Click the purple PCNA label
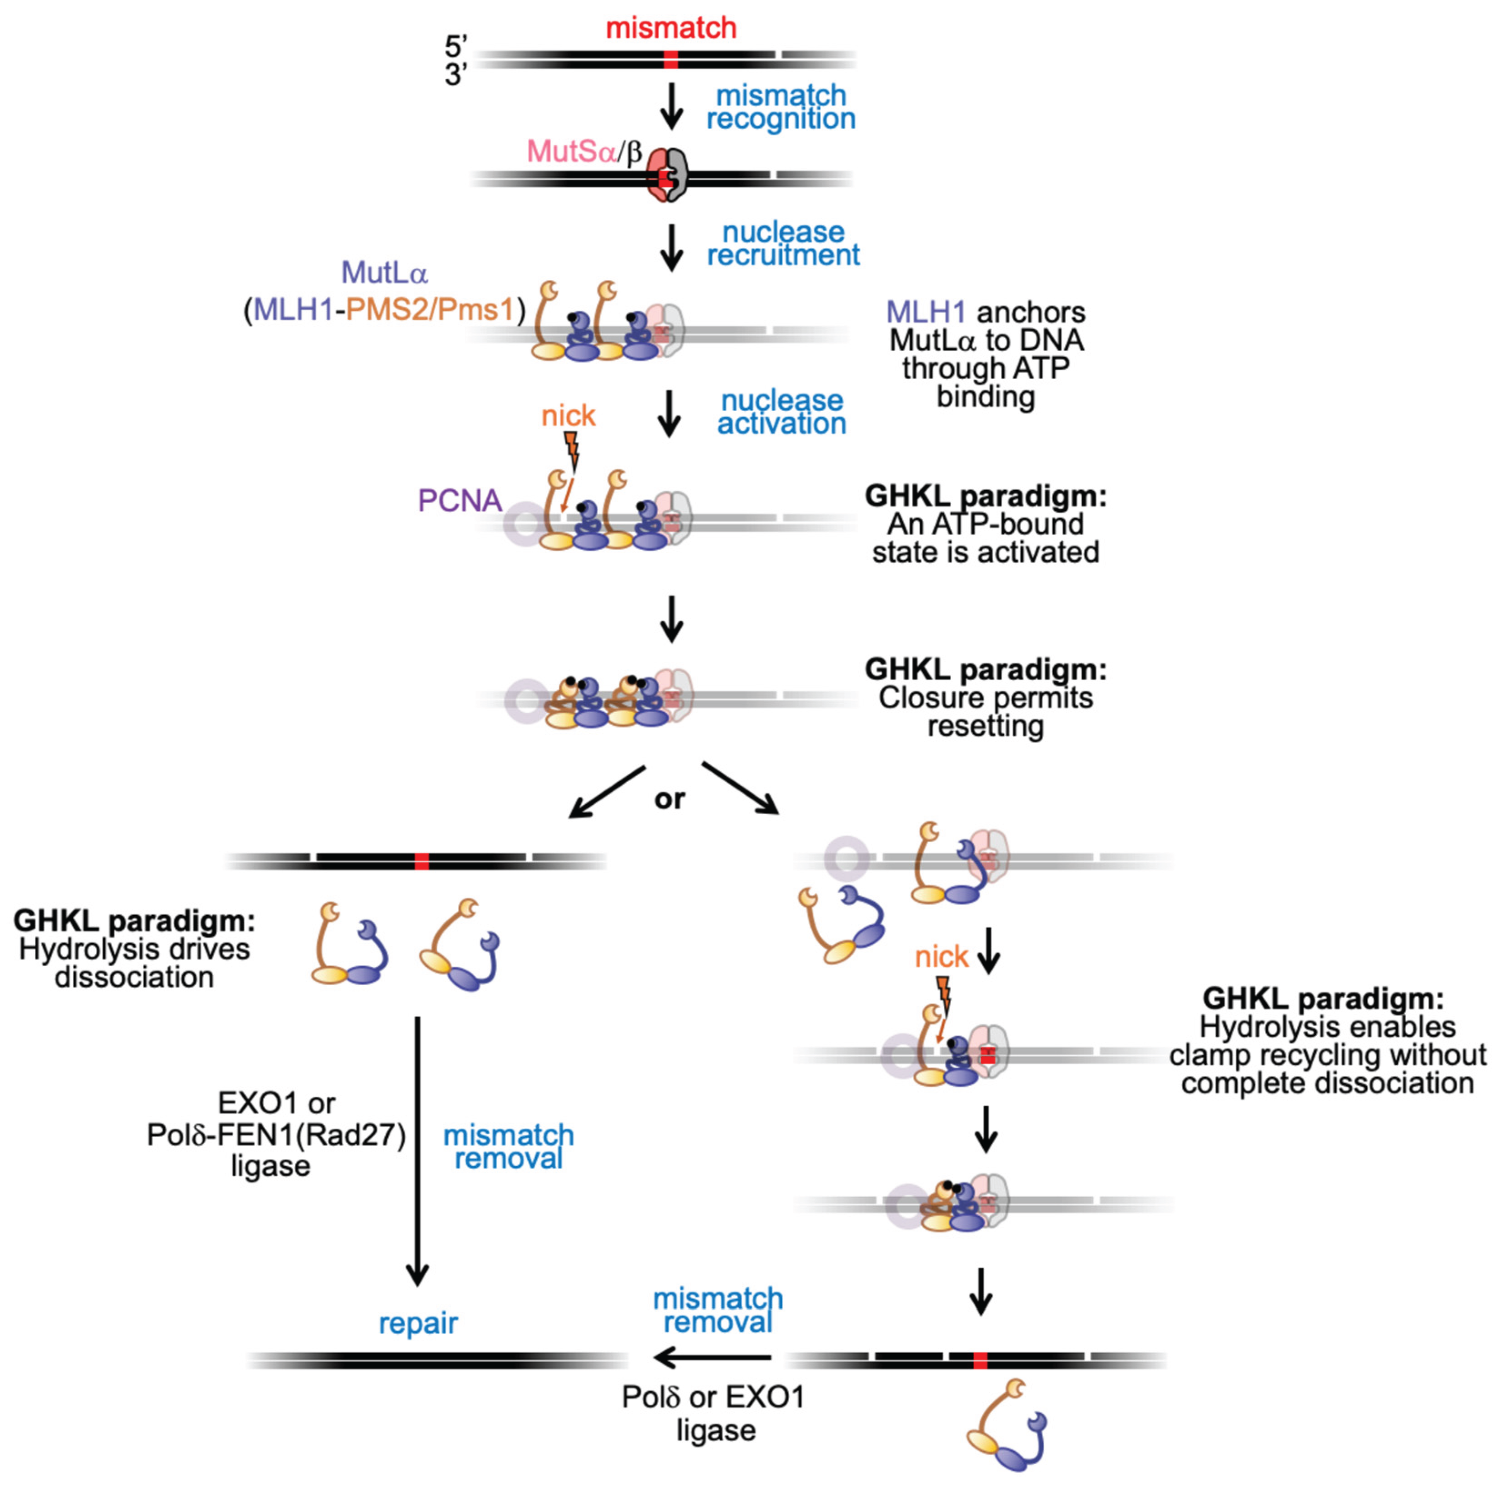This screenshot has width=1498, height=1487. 460,501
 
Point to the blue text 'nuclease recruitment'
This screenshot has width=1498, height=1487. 783,244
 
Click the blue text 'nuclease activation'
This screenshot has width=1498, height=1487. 781,412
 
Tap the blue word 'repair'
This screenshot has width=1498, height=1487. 418,1323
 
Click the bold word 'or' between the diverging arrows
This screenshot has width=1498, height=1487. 670,799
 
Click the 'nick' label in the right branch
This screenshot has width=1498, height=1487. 941,957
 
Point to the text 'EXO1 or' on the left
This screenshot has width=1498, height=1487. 277,1103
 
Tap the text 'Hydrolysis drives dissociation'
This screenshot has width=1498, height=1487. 134,963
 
